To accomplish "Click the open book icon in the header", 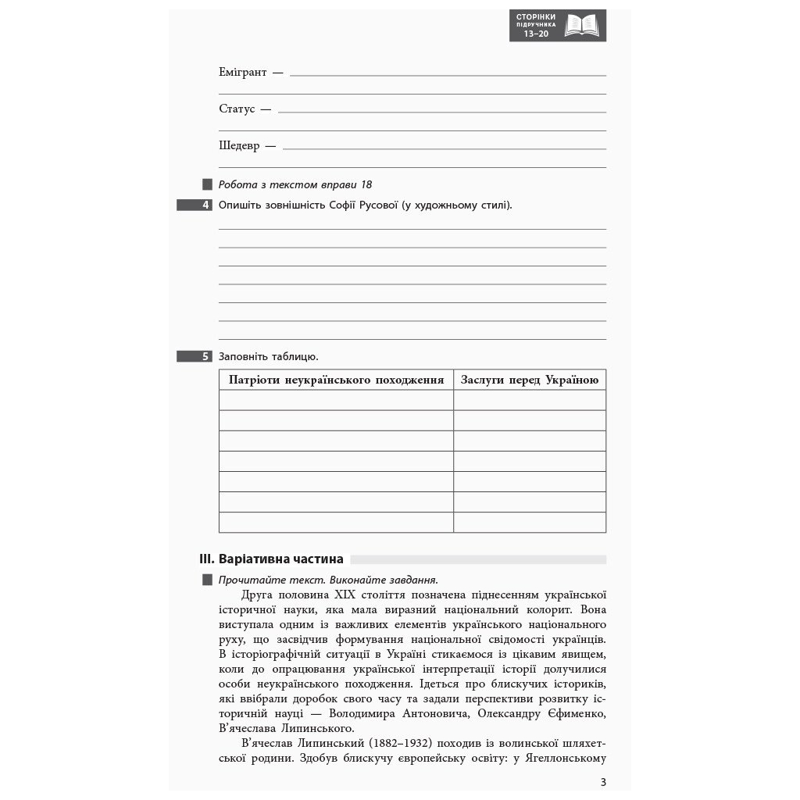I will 581,25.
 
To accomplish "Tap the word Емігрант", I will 243,72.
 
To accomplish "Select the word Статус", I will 237,109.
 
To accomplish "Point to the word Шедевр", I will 239,145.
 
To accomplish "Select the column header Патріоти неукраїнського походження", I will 336,380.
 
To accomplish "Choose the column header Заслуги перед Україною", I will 530,380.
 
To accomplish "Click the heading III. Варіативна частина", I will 272,559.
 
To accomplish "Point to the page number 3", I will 602,782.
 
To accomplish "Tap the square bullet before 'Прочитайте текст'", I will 207,580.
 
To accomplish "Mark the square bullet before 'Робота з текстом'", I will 207,185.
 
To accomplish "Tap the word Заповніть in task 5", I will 244,356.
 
